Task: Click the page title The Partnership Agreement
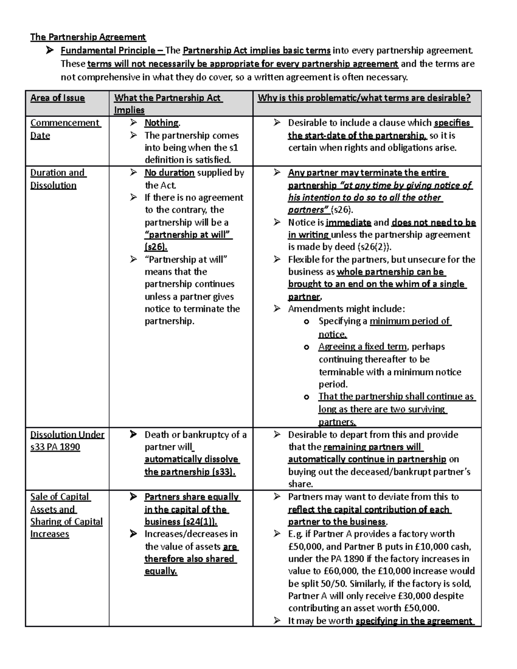[x=88, y=37]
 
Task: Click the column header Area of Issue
[x=57, y=98]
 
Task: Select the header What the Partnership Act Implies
[x=167, y=103]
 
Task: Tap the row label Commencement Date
[x=65, y=129]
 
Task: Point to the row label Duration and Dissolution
[x=58, y=179]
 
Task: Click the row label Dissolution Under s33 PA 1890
[x=67, y=440]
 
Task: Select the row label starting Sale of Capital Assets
[x=66, y=515]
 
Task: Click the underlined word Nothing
[x=162, y=123]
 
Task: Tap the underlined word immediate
[x=349, y=223]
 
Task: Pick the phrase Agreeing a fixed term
[x=362, y=347]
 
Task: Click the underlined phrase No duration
[x=169, y=173]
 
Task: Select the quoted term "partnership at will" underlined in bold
[x=188, y=235]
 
